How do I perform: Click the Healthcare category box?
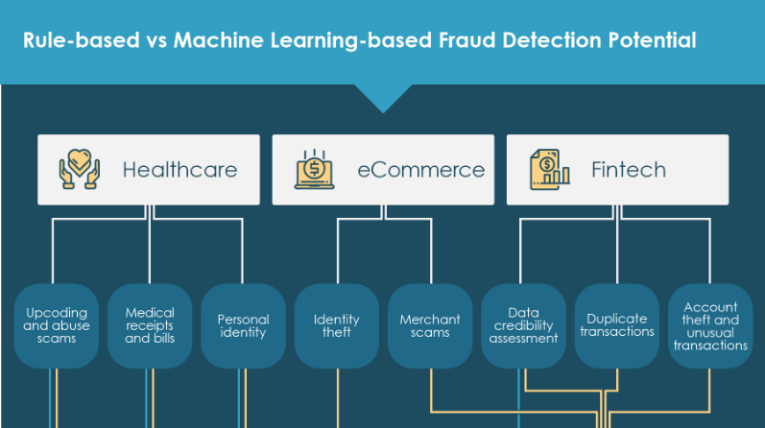149,170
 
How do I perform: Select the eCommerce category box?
383,170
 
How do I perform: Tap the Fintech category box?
617,170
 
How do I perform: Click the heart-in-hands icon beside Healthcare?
79,170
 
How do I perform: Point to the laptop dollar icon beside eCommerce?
314,170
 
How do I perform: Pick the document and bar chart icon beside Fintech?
549,170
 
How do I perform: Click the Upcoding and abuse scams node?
57,326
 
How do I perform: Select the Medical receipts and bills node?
150,326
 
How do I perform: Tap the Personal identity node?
243,326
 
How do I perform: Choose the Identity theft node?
337,326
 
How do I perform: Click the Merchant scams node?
430,326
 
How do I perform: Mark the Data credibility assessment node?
523,326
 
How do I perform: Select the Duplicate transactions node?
616,326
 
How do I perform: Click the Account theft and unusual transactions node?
710,326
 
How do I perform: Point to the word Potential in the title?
652,41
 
